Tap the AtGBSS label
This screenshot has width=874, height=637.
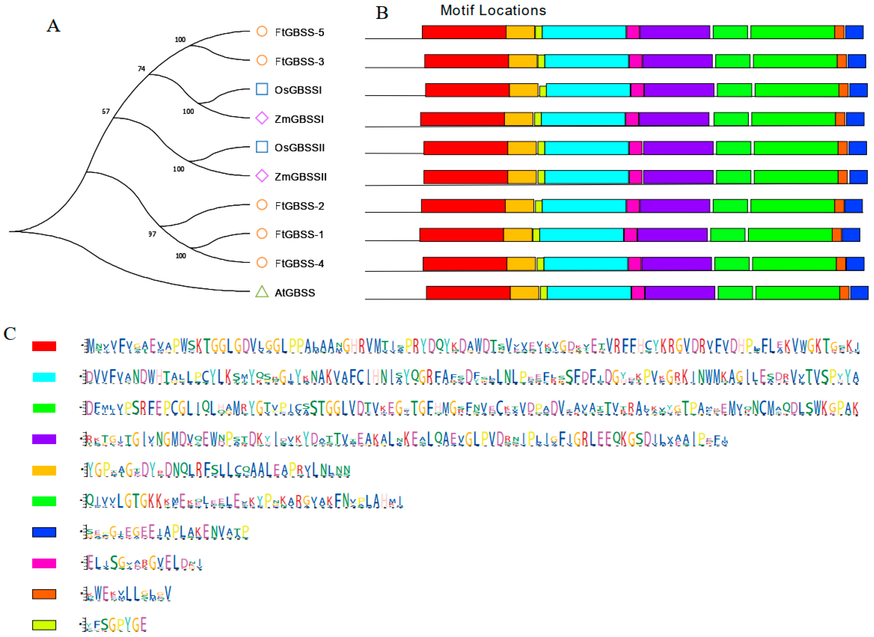295,293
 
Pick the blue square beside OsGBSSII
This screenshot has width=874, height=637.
262,147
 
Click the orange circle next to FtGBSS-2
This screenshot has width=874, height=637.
262,205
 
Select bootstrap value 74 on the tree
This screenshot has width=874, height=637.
141,69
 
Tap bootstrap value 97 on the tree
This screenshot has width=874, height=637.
152,234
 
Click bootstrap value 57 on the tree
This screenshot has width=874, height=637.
106,111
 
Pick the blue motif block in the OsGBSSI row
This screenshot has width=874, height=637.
858,90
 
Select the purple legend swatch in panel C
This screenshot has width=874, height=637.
44,439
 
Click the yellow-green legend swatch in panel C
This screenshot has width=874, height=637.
44,625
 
